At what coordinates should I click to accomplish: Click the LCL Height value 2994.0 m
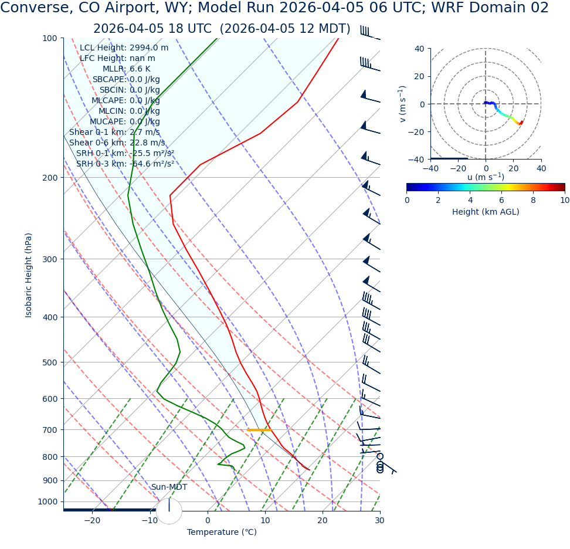click(x=148, y=48)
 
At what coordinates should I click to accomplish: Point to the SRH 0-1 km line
click(x=125, y=154)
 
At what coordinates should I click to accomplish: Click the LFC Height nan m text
click(x=142, y=59)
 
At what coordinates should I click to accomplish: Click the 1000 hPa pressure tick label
click(x=47, y=502)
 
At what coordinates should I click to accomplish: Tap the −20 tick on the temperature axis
click(x=92, y=521)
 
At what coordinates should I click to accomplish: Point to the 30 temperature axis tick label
click(x=379, y=521)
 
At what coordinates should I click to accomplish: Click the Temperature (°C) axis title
click(x=222, y=533)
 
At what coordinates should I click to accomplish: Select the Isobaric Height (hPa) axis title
click(x=29, y=275)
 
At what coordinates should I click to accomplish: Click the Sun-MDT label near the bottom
click(x=169, y=487)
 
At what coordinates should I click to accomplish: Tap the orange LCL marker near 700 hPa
click(x=259, y=430)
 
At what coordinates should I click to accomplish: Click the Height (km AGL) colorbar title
click(x=486, y=212)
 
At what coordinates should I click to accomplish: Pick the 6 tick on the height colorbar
click(x=501, y=200)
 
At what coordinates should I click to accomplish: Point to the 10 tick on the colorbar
click(x=564, y=200)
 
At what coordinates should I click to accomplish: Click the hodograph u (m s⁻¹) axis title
click(x=486, y=177)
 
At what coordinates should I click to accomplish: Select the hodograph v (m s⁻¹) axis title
click(x=403, y=104)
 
